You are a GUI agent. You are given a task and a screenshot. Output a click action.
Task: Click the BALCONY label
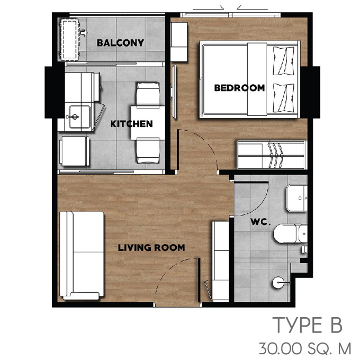120,43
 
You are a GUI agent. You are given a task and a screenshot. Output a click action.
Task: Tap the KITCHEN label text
131,124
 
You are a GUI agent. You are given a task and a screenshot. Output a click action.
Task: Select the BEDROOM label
239,88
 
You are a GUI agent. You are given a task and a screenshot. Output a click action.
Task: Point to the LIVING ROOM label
151,248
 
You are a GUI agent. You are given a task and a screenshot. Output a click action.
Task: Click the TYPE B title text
307,325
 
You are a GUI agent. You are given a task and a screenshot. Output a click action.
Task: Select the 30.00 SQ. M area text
305,348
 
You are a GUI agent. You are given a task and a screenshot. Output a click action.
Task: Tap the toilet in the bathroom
291,233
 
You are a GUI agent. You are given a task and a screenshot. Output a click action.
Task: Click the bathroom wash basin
296,197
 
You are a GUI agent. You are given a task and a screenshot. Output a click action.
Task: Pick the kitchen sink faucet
73,117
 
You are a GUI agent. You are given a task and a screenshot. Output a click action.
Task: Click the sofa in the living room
82,256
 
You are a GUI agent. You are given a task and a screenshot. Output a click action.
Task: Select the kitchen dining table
148,123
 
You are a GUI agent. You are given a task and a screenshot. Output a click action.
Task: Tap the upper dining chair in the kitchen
148,94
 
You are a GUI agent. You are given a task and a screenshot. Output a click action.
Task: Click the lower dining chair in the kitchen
148,150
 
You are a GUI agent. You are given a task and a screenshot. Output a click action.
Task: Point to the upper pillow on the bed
283,61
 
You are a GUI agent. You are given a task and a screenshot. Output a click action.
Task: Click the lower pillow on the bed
283,98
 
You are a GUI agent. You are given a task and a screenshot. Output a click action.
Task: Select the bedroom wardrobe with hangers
272,155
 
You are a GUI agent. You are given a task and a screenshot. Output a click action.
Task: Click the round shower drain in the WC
278,283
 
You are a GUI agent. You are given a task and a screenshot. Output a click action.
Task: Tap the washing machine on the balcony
69,40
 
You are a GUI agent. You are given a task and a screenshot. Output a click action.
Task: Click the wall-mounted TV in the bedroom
174,92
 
